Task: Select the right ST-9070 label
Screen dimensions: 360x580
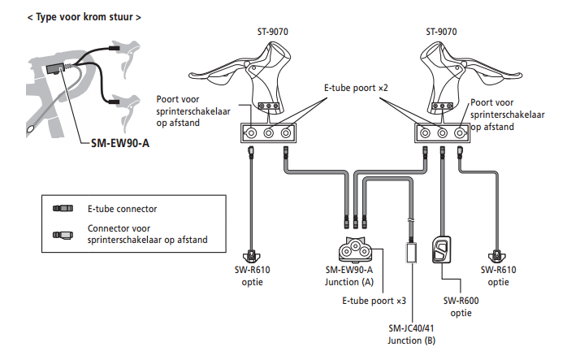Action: click(x=441, y=32)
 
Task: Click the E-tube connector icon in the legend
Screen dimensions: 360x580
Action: click(x=63, y=209)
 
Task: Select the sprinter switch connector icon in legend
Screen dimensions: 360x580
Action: click(x=63, y=235)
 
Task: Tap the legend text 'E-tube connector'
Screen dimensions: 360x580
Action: click(x=123, y=209)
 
